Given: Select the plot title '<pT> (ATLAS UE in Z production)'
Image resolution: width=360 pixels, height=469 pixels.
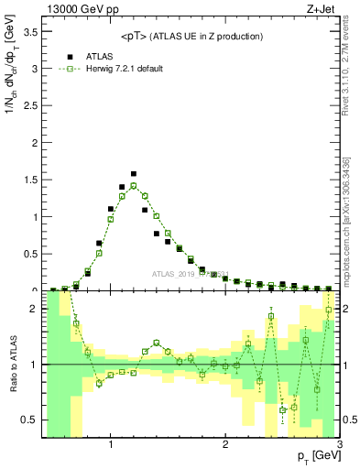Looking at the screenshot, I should [191, 36].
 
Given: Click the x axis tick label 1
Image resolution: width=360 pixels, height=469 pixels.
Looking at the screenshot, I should [110, 445].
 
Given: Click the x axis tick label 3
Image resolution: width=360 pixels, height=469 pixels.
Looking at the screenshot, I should [339, 445].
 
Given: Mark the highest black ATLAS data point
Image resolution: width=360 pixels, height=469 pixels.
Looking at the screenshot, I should [133, 173].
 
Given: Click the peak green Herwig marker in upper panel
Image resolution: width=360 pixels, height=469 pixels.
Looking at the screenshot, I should [133, 185].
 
